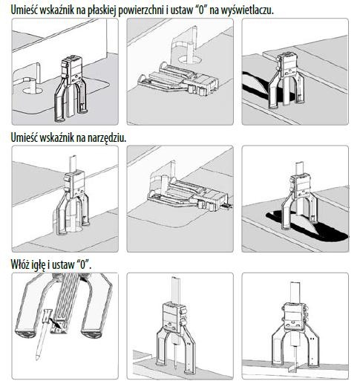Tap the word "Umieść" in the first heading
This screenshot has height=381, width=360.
click(x=24, y=10)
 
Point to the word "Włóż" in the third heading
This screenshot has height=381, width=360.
click(x=20, y=264)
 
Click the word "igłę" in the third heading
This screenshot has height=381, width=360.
click(x=39, y=265)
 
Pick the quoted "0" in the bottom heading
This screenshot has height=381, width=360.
click(x=83, y=264)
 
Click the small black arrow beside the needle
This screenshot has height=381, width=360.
click(x=55, y=322)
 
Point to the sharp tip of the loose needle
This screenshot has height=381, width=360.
click(x=37, y=359)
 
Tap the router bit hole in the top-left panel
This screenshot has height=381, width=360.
click(x=33, y=91)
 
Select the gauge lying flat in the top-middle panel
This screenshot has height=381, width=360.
click(x=179, y=79)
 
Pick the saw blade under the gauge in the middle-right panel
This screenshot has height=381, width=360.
click(x=307, y=224)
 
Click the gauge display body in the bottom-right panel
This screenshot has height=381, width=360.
click(x=294, y=316)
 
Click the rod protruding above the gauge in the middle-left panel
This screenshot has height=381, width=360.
click(x=73, y=164)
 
